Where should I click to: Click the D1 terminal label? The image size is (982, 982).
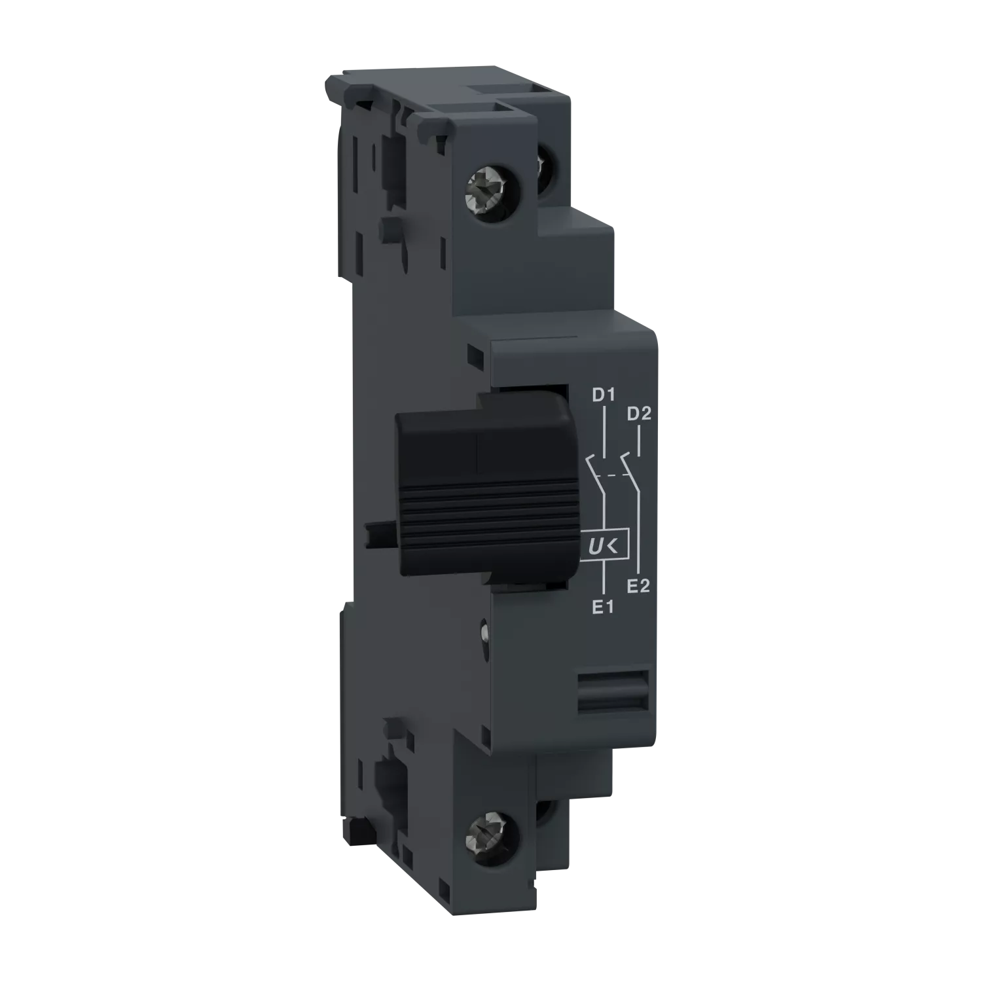click(x=602, y=395)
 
